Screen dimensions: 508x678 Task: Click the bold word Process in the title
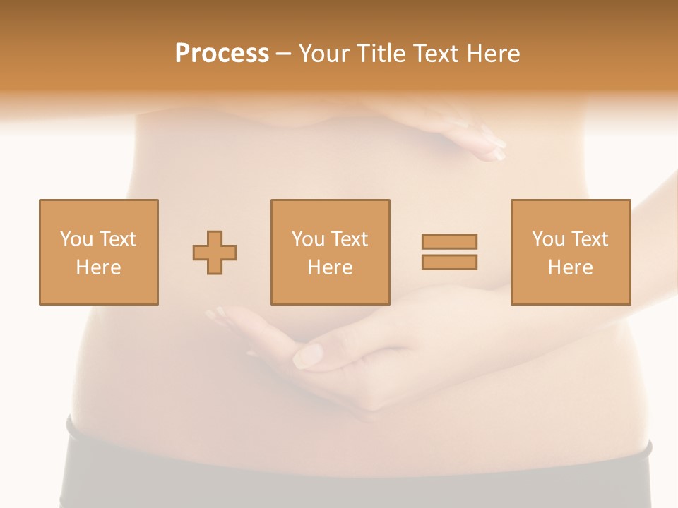click(x=222, y=54)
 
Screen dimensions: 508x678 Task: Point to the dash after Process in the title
click(x=284, y=54)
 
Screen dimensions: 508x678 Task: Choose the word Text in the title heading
click(x=432, y=54)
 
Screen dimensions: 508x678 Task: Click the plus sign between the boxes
click(x=215, y=252)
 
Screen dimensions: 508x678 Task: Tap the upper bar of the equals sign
click(x=449, y=241)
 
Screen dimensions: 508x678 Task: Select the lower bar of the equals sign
click(x=449, y=262)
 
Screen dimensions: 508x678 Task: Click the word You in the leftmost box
click(x=76, y=239)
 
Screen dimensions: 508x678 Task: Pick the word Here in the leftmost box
click(x=98, y=267)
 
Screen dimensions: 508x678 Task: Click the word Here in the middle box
click(x=330, y=267)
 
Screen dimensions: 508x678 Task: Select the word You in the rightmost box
click(x=548, y=239)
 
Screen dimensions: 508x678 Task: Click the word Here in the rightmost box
click(x=570, y=267)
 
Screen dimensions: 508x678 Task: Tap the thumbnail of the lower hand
click(x=308, y=355)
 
